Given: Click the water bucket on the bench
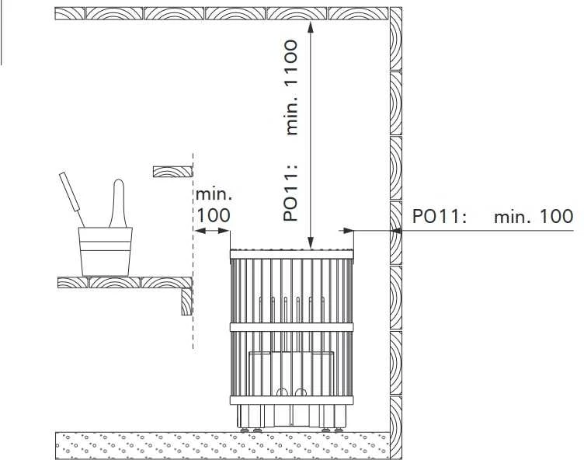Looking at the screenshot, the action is (105, 252).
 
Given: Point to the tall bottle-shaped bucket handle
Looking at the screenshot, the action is (118, 204).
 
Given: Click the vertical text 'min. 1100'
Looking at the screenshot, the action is (292, 87).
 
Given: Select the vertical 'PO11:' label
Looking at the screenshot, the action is (291, 192).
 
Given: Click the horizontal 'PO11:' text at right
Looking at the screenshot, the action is (439, 216).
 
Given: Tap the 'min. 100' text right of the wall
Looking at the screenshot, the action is (534, 216).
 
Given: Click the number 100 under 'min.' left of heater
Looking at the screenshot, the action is (213, 215).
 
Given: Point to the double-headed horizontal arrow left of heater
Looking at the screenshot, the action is (211, 231).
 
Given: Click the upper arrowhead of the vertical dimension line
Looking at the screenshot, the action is (311, 26).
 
